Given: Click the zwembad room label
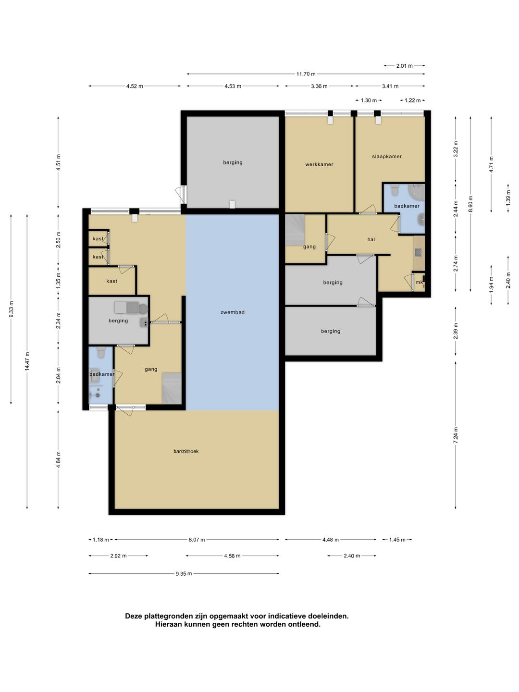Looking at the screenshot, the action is (x=232, y=312).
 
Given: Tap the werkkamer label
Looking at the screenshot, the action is (x=319, y=164).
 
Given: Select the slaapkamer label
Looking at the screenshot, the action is (x=387, y=156).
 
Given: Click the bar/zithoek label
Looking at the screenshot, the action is (x=186, y=451).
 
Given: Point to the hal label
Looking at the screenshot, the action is (x=371, y=239).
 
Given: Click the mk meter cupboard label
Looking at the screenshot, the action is (x=419, y=282).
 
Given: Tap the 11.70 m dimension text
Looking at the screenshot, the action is (x=306, y=74).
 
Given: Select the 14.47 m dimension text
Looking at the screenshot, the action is (x=27, y=361).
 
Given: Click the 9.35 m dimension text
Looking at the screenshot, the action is (x=184, y=573).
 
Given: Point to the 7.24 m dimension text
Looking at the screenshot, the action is (x=456, y=435).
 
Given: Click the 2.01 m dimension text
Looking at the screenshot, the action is (x=404, y=66).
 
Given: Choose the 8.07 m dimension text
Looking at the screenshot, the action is (x=197, y=539).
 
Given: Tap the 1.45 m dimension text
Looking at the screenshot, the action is (x=397, y=539).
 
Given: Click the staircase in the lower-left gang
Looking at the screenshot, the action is (x=172, y=388).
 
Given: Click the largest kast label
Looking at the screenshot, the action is (x=111, y=281).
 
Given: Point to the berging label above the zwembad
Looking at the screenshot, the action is (x=233, y=162).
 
